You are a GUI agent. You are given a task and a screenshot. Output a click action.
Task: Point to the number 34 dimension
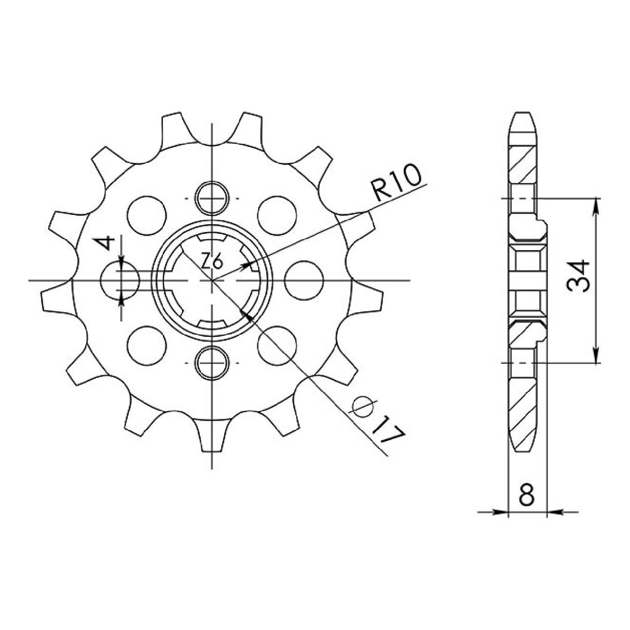click(x=578, y=277)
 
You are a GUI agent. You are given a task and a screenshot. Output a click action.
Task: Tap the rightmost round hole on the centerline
click(x=304, y=280)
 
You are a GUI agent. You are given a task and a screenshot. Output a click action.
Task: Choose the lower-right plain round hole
click(x=277, y=345)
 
